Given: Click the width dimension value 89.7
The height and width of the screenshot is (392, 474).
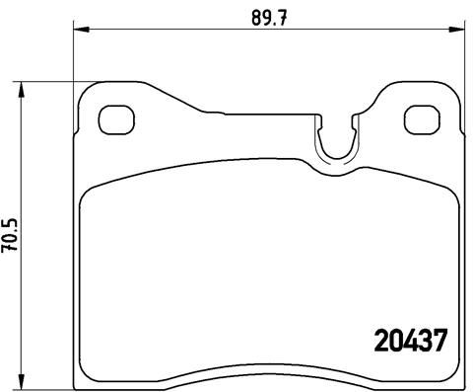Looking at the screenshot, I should (261, 17).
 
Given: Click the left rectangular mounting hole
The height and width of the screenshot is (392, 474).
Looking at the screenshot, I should (118, 121).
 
